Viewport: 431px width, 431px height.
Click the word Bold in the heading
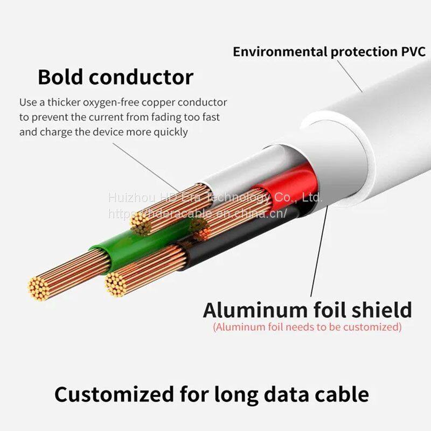coord(60,77)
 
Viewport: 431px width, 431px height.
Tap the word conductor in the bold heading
coord(141,77)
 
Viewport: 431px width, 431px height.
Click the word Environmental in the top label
coord(280,52)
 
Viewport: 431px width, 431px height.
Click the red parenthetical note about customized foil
coord(307,326)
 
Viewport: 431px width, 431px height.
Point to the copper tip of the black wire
coord(115,283)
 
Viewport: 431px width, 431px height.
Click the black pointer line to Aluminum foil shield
coord(318,253)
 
